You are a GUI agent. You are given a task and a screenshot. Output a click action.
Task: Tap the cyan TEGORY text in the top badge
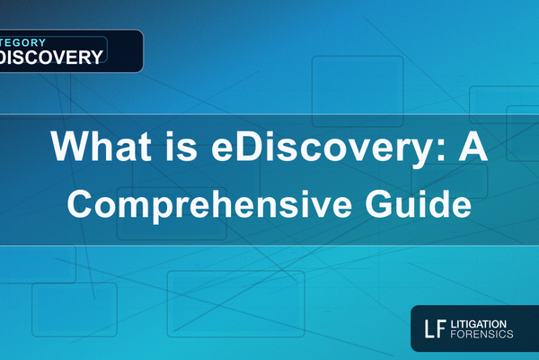pyautogui.click(x=27, y=41)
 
